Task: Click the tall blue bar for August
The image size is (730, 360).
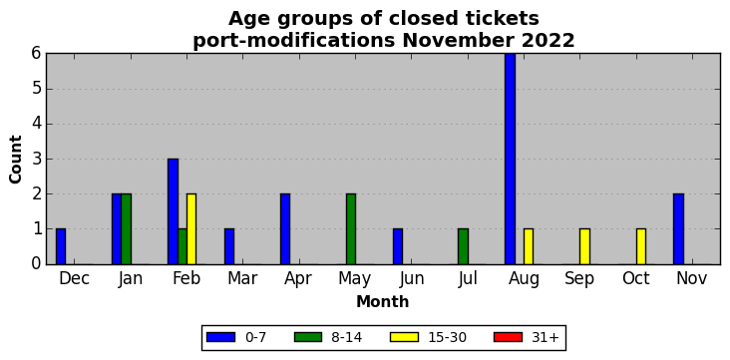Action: point(510,159)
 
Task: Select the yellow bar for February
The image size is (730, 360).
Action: point(191,229)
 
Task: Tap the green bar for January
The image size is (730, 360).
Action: point(127,229)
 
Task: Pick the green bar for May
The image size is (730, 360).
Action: point(351,229)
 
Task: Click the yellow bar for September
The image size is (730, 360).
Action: point(584,247)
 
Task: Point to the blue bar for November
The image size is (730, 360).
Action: point(678,229)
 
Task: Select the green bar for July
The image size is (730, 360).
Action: point(464,247)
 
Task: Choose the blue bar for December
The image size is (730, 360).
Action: point(61,247)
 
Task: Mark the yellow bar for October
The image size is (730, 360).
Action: point(641,247)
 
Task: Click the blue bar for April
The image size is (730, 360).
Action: point(285,229)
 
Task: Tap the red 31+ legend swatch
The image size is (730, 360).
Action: point(509,337)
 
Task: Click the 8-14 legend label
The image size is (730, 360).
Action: point(346,338)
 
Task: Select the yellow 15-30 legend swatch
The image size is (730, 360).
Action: point(405,337)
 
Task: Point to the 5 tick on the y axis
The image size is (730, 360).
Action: point(37,89)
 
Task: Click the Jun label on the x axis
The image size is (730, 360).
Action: point(412,278)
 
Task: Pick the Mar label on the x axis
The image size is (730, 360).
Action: point(242,278)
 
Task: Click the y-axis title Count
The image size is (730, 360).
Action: point(15,160)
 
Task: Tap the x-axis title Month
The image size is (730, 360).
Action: point(382,302)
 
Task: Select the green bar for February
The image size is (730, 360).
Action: point(182,247)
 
